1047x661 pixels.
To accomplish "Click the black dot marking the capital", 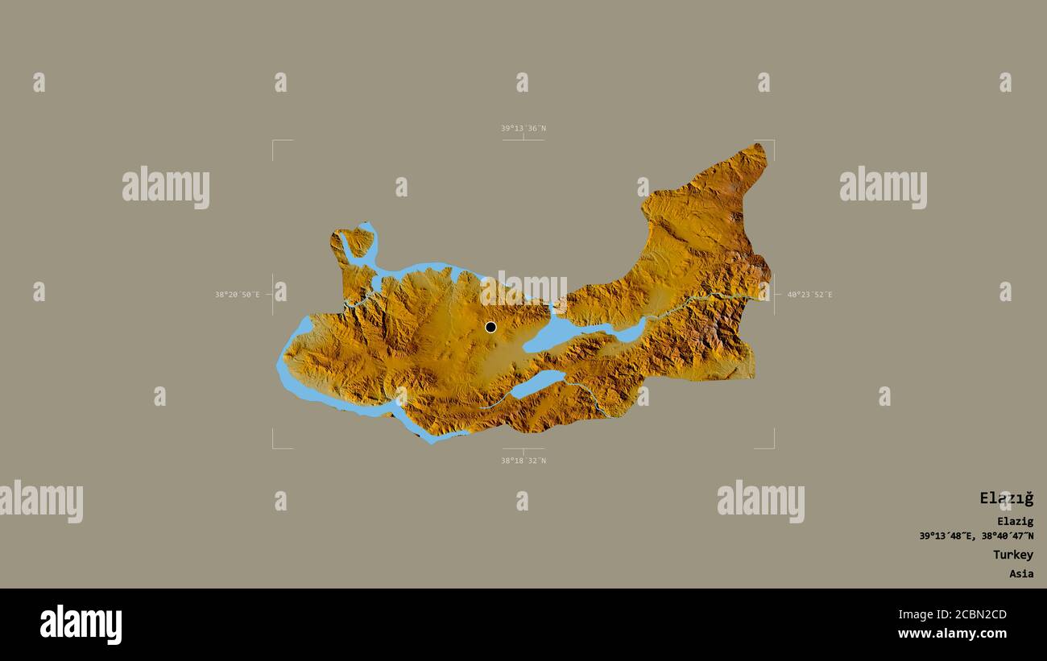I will tap(490, 327).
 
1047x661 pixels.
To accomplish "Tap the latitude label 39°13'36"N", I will tap(523, 128).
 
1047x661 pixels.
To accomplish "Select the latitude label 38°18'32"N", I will tap(523, 461).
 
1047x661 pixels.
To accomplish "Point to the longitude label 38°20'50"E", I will tap(237, 295).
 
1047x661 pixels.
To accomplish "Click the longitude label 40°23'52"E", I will tap(809, 295).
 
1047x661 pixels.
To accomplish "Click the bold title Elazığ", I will tap(1006, 498).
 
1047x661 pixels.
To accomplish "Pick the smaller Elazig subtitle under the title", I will tap(1015, 521).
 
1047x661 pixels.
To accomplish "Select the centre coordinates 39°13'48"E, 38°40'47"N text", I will tap(976, 536).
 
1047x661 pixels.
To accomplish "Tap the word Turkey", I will tap(1012, 555).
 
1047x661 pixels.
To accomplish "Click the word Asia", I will tap(1021, 574).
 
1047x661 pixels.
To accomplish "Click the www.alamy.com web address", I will tap(952, 634).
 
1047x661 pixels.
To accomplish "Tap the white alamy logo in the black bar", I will tap(81, 625).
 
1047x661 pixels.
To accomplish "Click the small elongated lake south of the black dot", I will tap(537, 384).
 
